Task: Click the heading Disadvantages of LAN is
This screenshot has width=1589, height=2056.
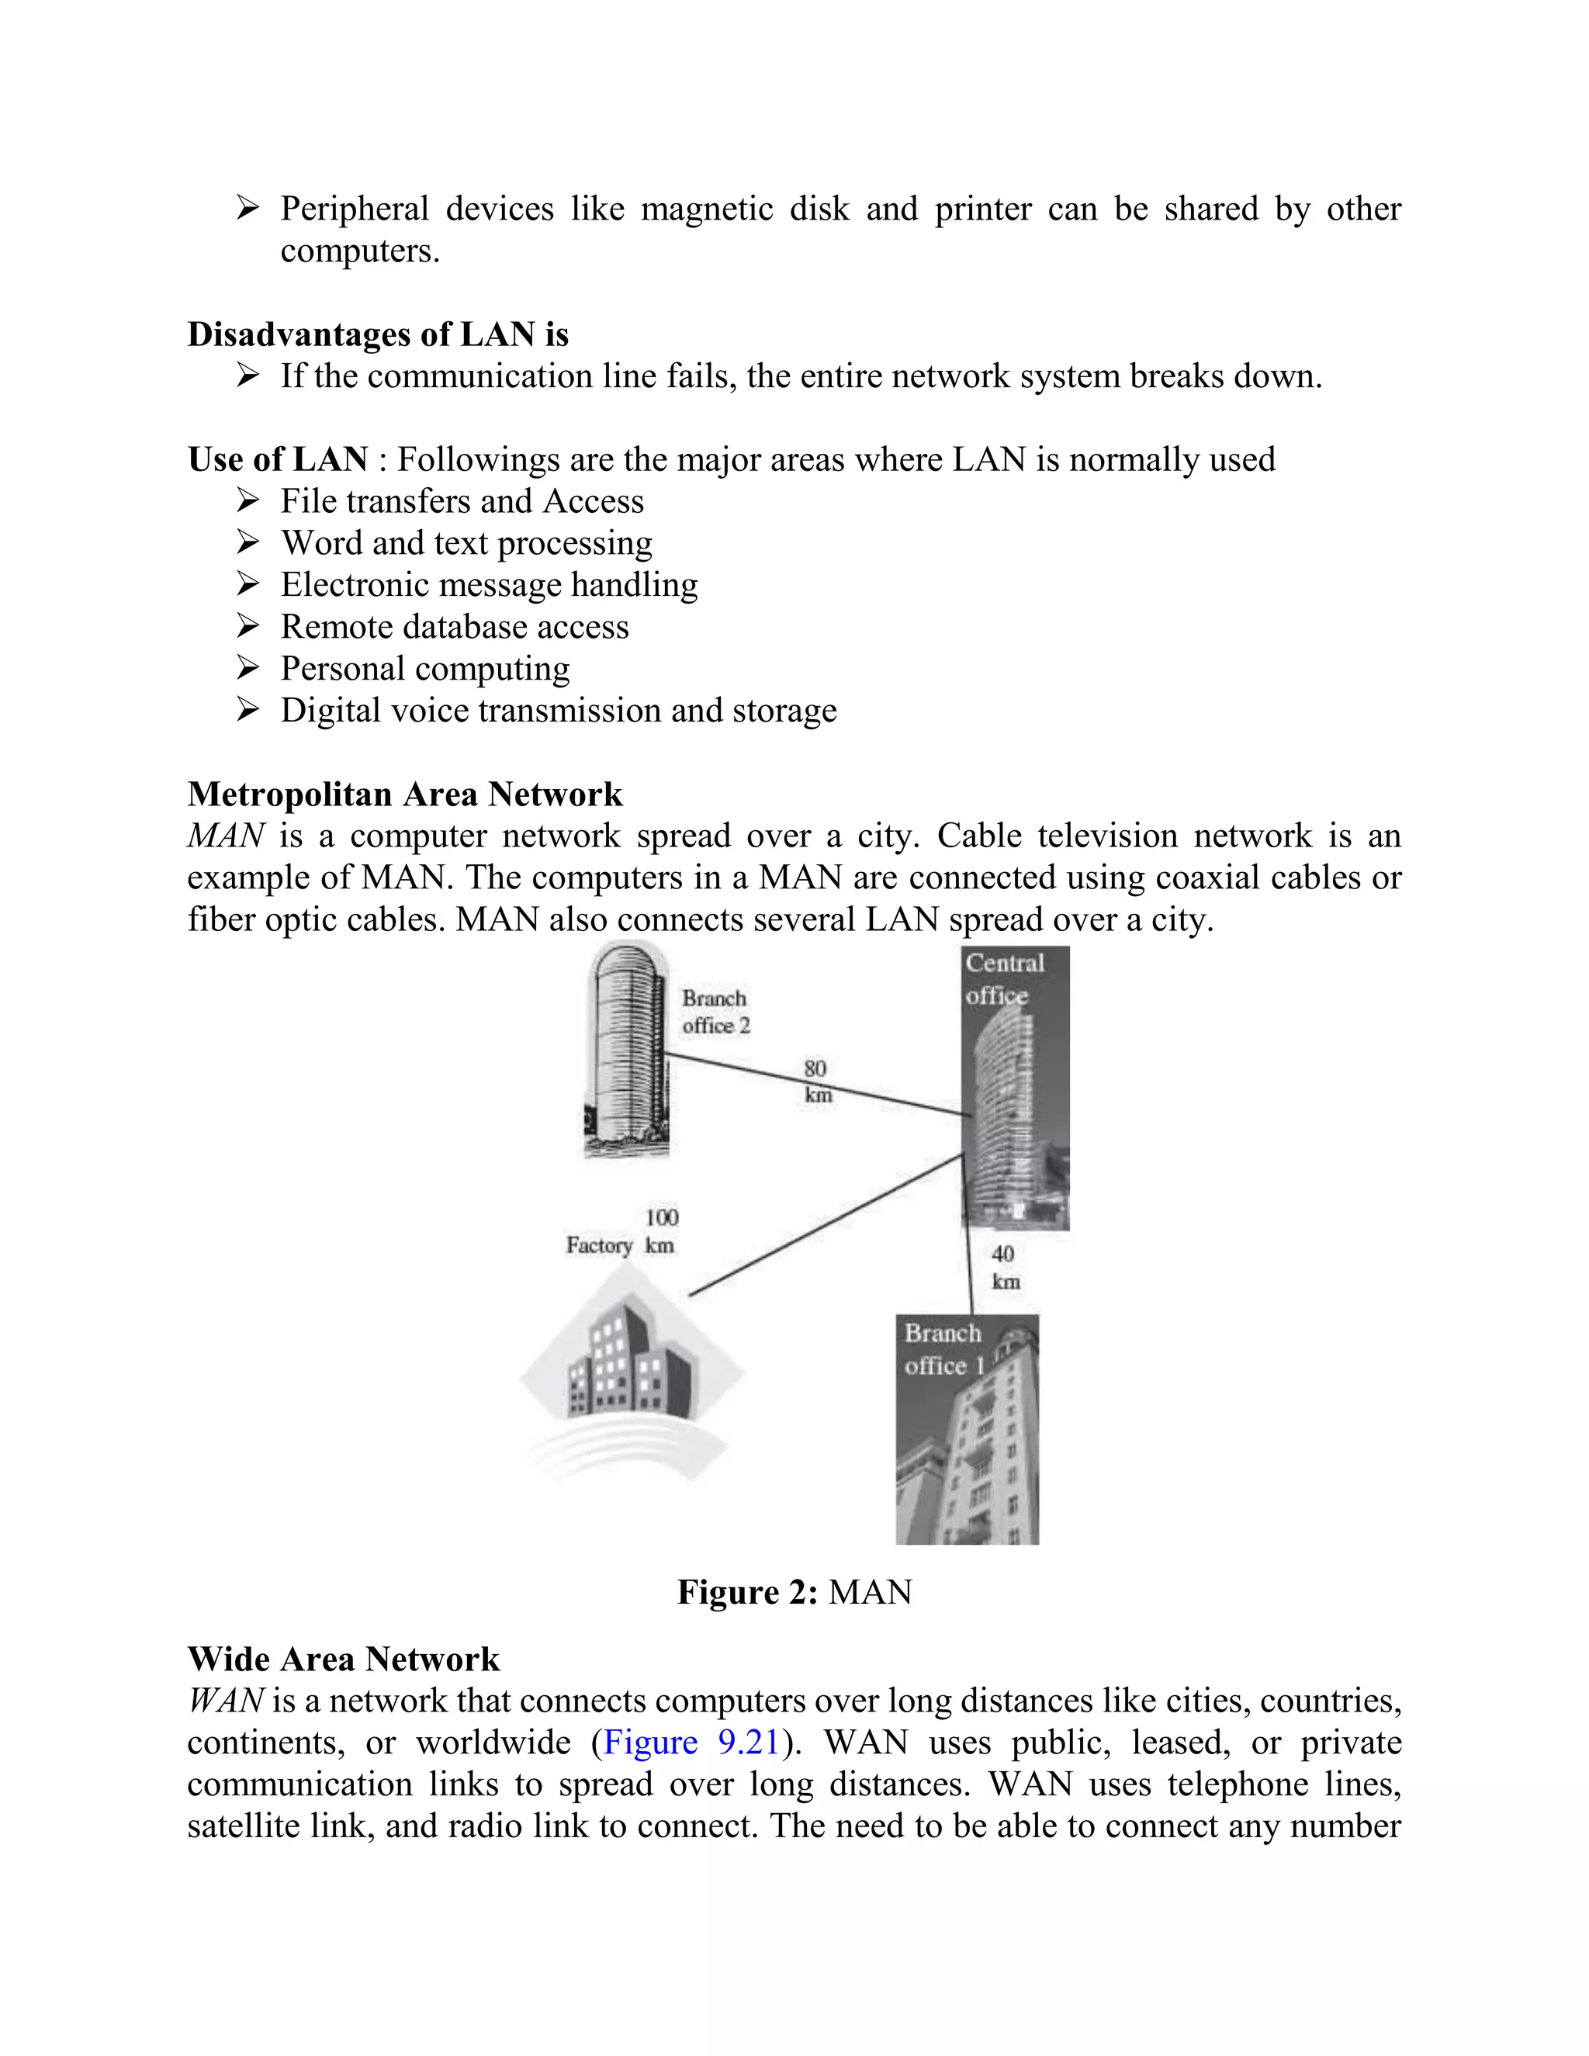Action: coord(378,334)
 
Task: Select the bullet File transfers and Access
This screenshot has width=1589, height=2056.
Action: coord(462,501)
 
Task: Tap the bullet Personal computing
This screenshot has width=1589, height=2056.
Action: coord(424,668)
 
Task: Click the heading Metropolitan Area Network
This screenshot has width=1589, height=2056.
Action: coord(405,794)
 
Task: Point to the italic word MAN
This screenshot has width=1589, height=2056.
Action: coord(225,836)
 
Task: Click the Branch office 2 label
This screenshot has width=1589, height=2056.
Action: coord(715,1012)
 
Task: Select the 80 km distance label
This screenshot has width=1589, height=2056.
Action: coord(817,1082)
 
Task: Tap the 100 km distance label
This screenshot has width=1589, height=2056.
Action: coord(661,1231)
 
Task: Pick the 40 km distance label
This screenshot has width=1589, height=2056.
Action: coord(1005,1267)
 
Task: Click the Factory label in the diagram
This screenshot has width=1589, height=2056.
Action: coord(599,1245)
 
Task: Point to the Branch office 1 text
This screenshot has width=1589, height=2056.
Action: coord(943,1349)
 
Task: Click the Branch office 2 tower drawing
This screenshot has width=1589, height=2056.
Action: coord(626,1050)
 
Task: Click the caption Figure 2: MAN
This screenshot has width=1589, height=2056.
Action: coord(794,1592)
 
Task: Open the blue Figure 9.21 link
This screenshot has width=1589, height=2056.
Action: coord(691,1743)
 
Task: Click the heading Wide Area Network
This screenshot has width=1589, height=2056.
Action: coord(344,1659)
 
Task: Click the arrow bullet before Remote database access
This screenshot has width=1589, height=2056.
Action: coord(248,626)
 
